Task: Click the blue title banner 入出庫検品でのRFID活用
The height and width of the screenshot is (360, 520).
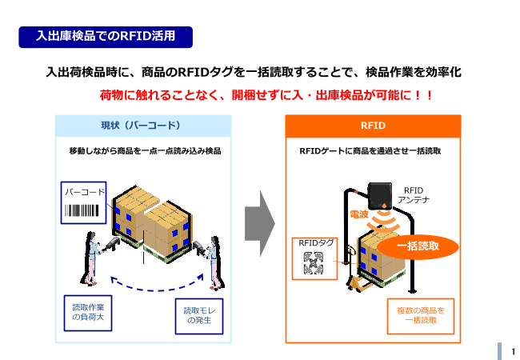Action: coord(106,37)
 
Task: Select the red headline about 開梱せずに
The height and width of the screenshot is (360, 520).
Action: coord(266,95)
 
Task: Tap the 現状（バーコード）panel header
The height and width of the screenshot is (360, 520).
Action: coord(143,126)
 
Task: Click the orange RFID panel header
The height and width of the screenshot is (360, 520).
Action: coord(373,126)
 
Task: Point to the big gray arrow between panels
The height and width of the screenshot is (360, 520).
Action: coord(260,223)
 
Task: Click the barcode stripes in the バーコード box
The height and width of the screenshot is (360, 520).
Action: coord(82,210)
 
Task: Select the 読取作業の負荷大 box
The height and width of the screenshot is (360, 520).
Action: coord(88,313)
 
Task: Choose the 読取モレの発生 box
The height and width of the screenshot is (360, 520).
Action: coord(199,316)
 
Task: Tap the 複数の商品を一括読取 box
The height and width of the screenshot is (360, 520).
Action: coord(421,316)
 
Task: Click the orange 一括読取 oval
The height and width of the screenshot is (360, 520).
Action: coord(418,246)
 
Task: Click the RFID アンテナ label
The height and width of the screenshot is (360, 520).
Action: coord(414,195)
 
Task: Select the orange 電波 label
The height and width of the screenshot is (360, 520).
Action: coord(359,214)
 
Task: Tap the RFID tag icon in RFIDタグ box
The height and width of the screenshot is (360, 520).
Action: coord(314,263)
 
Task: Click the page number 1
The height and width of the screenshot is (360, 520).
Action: coord(513,351)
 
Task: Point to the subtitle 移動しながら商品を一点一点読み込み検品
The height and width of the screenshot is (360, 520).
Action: coord(145,151)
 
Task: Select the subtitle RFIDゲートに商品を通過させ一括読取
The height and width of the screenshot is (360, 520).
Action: coord(370,151)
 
